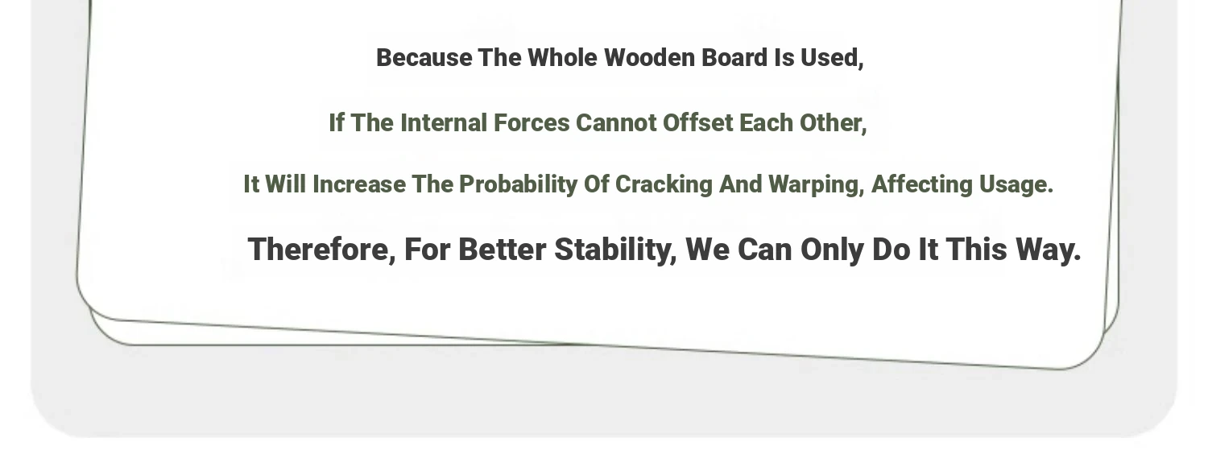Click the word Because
424,58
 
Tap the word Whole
562,58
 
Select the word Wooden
649,58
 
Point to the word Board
734,58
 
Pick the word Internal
443,123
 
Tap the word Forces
532,123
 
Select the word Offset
698,123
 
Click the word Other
834,123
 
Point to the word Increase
359,184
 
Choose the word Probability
519,185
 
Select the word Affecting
921,185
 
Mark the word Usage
1016,185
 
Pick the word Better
502,250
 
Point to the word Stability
615,250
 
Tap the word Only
832,250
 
